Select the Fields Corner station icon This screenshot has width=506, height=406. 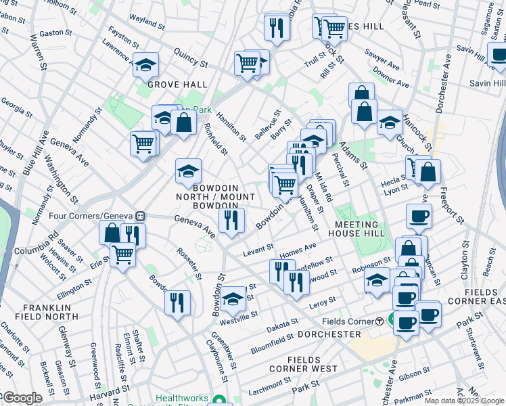pos(380,321)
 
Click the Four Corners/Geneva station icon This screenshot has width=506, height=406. pos(140,216)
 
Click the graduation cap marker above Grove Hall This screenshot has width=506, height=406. pos(146,66)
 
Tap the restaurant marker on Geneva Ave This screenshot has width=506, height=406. pos(231,221)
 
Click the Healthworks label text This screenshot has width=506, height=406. pos(183,399)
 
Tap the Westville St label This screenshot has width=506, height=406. pos(244,315)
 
